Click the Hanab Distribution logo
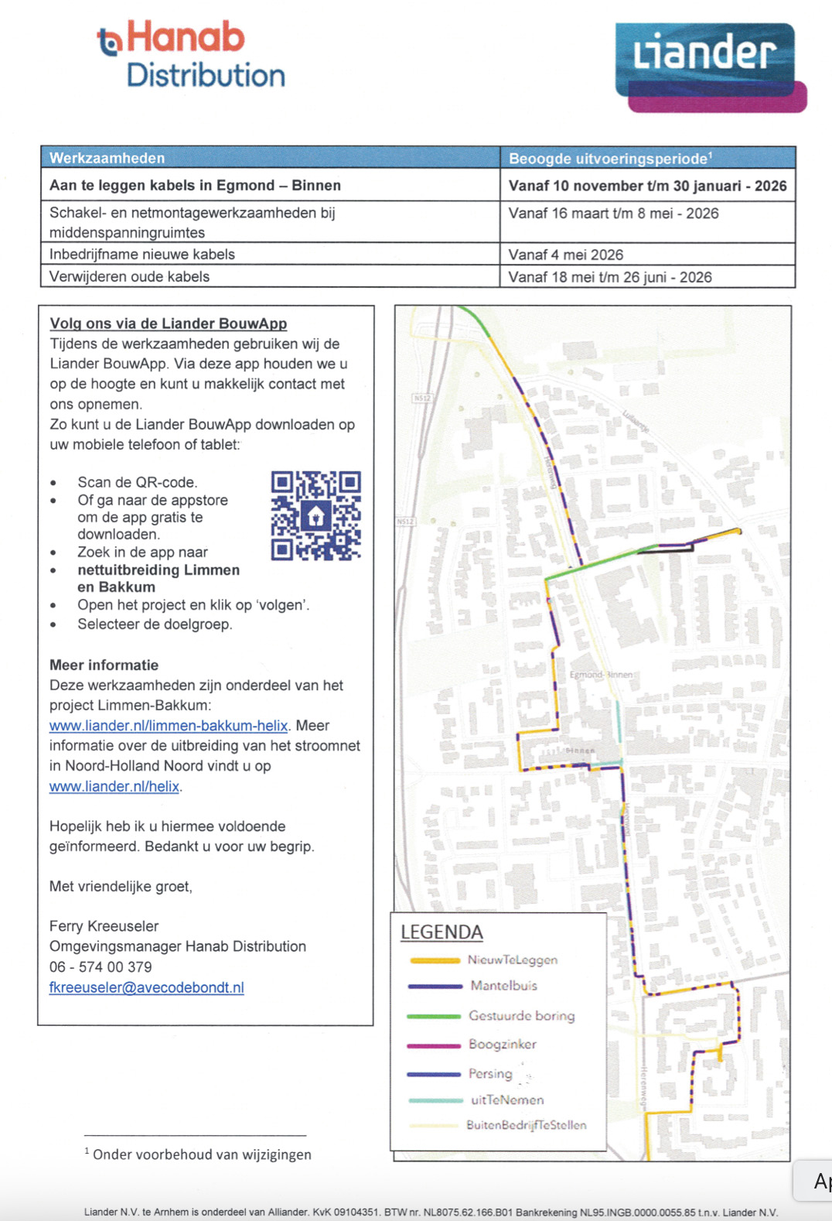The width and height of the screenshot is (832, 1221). coord(192,55)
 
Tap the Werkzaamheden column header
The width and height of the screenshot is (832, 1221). coord(107,158)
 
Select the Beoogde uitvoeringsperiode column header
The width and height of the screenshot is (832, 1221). coord(610,159)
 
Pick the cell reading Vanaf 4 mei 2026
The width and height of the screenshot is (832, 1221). coord(566,255)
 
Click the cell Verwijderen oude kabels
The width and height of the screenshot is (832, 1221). coord(130,276)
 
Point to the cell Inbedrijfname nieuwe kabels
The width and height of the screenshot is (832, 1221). coord(142,254)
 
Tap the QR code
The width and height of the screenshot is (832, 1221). coord(315,515)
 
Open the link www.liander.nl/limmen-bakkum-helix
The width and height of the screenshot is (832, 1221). coord(169,726)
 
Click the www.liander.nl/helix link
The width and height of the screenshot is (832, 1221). coord(114,786)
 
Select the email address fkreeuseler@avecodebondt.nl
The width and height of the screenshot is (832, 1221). coord(147,987)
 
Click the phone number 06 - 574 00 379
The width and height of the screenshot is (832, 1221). coord(101,966)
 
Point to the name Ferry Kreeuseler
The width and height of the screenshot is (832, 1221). coord(104,926)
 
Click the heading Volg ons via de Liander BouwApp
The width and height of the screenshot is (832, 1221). coord(169,323)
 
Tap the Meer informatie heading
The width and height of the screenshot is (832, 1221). coord(104,665)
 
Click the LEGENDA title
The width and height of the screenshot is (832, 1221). coord(442,932)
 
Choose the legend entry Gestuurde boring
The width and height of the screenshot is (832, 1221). coord(521,1015)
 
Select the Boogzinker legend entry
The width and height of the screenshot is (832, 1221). coord(502,1044)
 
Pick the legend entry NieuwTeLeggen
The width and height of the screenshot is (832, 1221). coord(512,959)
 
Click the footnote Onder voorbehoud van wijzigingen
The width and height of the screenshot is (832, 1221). coord(202,1154)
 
